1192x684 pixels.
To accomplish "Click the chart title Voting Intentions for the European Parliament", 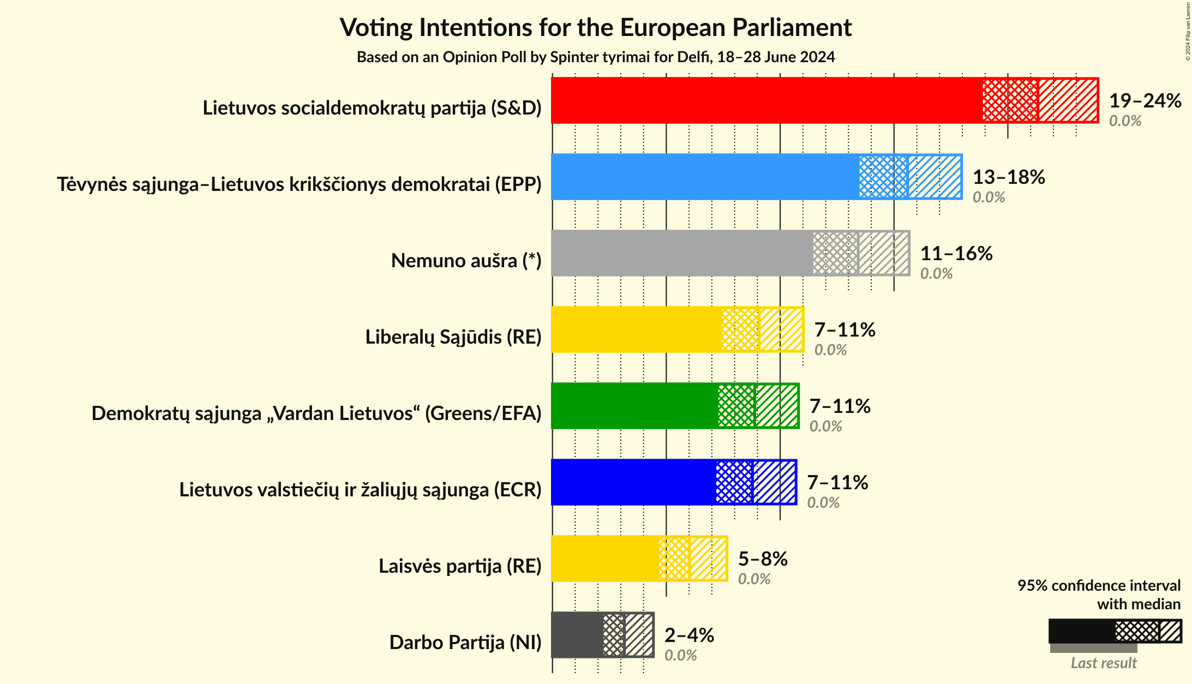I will point(596,27).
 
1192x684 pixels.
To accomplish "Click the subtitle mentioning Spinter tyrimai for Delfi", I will point(596,57).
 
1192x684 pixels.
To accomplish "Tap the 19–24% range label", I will point(1145,101).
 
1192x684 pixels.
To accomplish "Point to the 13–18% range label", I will point(1009,177).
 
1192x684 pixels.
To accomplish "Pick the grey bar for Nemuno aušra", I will point(682,253).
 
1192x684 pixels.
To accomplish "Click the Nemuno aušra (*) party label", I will point(466,261).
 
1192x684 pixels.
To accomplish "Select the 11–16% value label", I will point(956,254).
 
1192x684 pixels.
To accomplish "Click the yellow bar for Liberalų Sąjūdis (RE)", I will point(636,329).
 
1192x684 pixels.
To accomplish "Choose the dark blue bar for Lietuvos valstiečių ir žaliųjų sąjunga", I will point(633,482).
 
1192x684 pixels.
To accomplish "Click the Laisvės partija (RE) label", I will point(460,566).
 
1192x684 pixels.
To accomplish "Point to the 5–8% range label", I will point(763,559).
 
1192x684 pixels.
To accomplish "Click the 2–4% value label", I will point(689,635).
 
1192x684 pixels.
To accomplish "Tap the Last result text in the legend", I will point(1104,663).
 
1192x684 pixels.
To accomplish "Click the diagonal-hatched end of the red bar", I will point(1068,100).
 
